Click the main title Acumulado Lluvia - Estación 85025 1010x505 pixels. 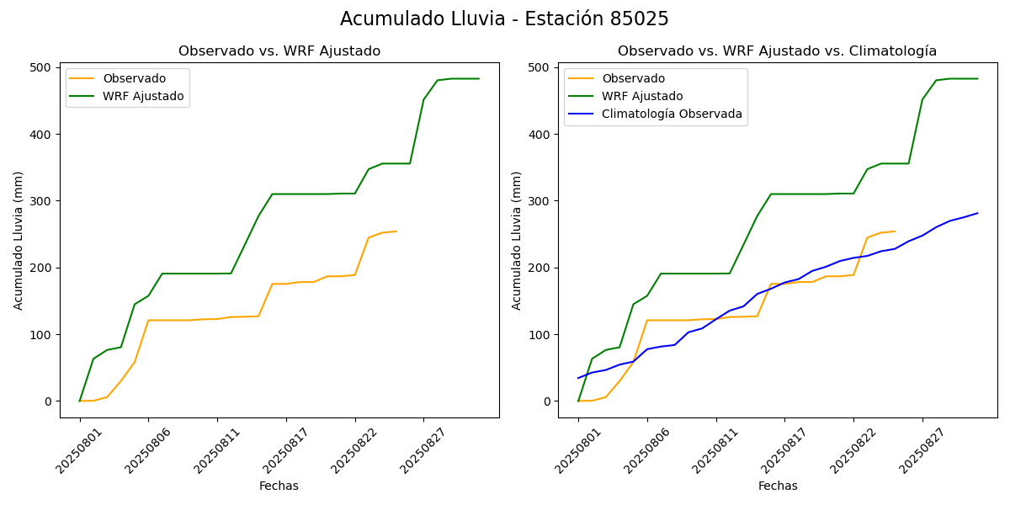tap(504, 19)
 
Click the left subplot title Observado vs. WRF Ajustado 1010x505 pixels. tap(279, 51)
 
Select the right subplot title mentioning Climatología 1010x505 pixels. tap(777, 51)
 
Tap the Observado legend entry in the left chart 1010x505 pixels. tap(135, 79)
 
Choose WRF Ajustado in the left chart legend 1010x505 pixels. tap(143, 96)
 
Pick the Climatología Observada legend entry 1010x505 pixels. tap(672, 114)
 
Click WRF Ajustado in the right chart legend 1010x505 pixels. tap(642, 96)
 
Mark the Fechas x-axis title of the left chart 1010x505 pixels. tap(279, 486)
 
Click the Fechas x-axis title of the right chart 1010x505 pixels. tap(778, 486)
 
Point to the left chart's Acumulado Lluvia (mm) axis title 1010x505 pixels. tap(19, 241)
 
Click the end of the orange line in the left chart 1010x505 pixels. tap(396, 231)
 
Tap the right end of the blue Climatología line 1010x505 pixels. tap(977, 213)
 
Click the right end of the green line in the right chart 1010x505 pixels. tap(977, 79)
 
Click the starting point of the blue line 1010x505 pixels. tap(578, 378)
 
